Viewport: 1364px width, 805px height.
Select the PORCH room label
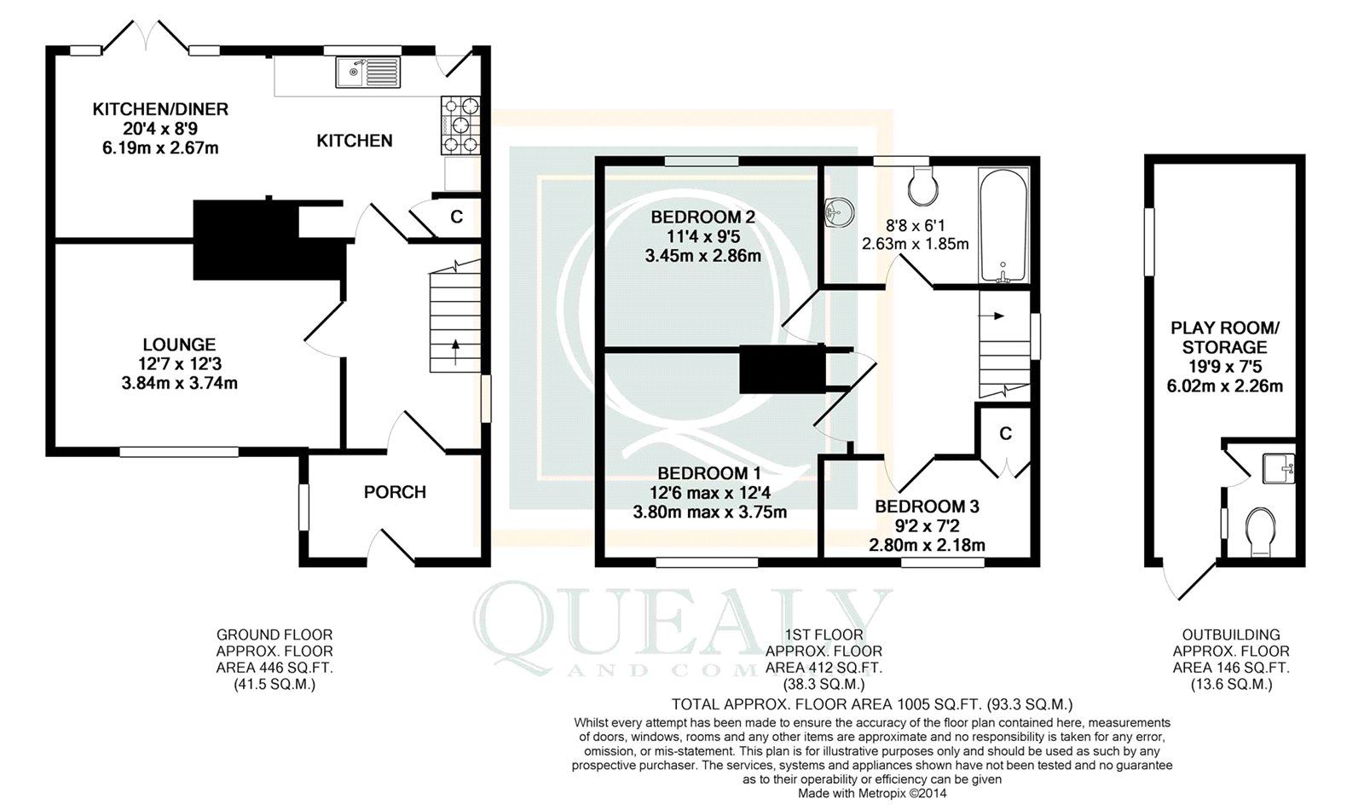point(395,492)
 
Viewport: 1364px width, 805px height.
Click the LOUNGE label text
point(179,345)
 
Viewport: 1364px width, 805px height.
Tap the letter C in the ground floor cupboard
point(457,217)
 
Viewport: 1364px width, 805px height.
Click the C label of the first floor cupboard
point(1006,433)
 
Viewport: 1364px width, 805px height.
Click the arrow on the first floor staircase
point(996,316)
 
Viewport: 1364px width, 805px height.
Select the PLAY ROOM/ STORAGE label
point(1224,337)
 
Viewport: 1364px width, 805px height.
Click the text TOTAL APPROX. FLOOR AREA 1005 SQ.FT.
point(825,704)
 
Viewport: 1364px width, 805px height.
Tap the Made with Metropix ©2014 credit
point(871,793)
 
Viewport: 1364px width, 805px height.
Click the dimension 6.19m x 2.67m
point(160,148)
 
